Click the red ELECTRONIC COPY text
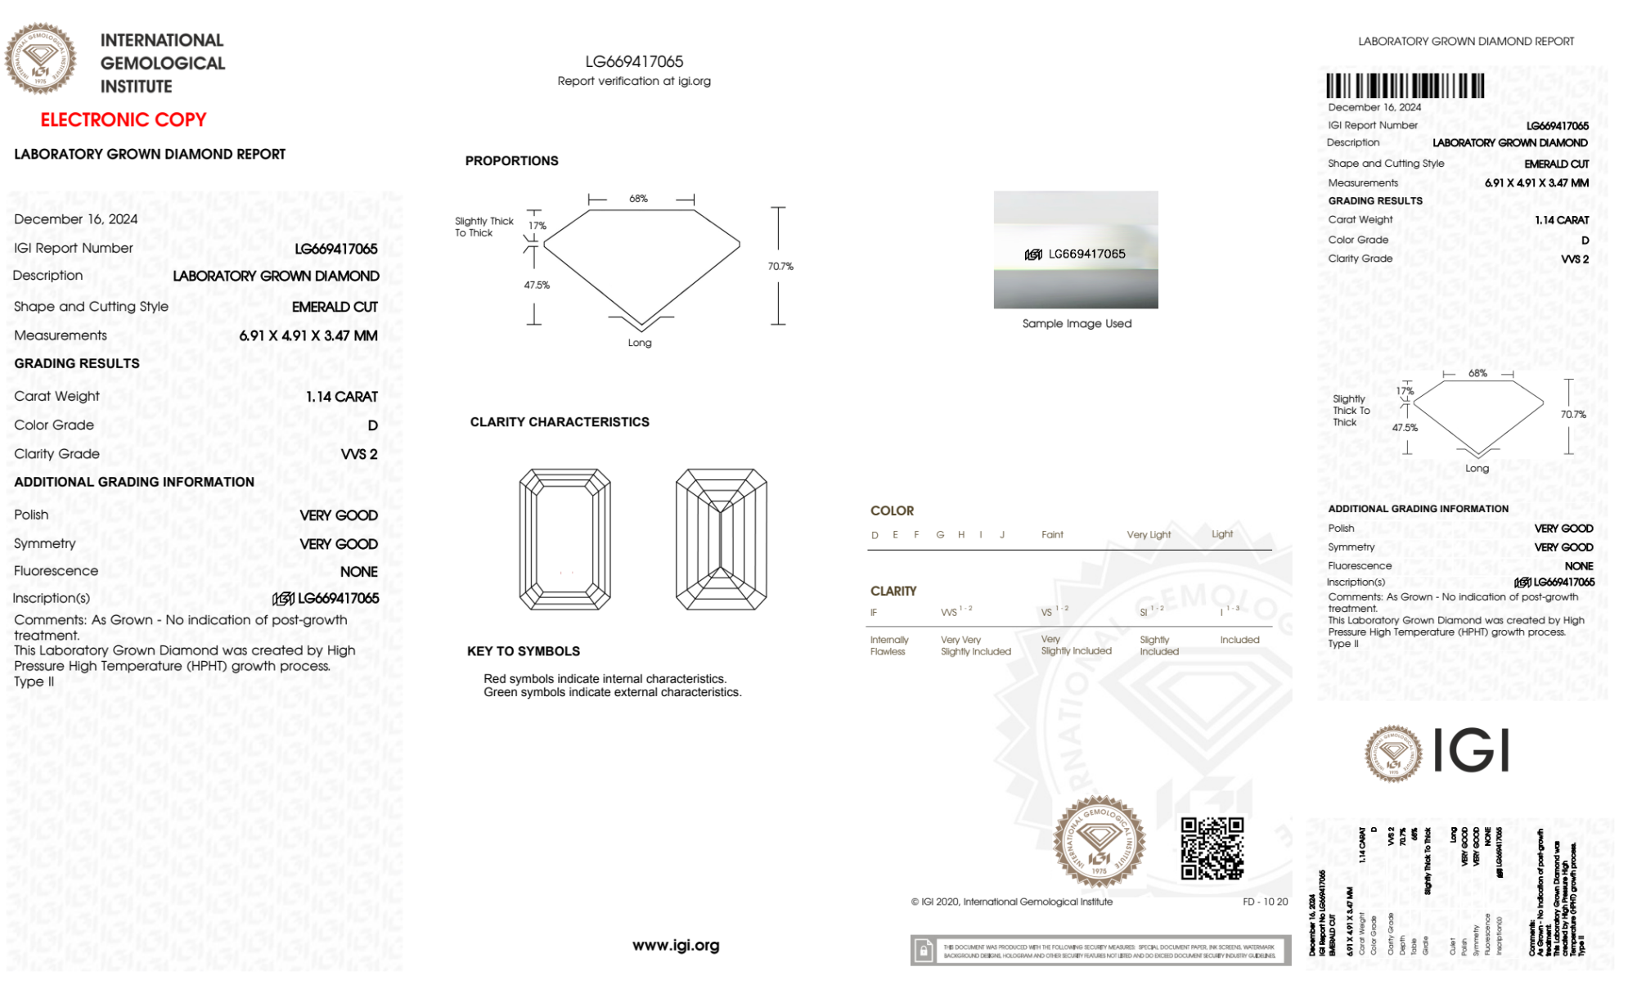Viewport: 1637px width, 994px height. click(124, 120)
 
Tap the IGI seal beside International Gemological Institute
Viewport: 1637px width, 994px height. click(40, 58)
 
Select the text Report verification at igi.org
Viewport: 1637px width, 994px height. click(634, 81)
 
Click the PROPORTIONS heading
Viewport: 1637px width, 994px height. click(511, 161)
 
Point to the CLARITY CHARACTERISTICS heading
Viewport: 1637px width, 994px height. click(560, 422)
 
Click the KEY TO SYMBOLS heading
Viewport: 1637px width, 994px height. click(524, 651)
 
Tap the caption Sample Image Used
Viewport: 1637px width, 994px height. click(1077, 324)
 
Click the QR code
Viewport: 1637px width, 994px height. click(1212, 848)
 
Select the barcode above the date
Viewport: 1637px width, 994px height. click(1405, 86)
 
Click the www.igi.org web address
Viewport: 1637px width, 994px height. click(676, 946)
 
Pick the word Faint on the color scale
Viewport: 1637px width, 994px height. click(1052, 535)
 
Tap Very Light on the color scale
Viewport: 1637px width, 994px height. click(1149, 535)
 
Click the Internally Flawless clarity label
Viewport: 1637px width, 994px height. click(889, 645)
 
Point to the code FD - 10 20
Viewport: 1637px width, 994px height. click(1265, 902)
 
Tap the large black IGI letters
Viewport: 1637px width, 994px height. click(1472, 751)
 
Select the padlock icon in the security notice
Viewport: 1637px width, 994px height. click(924, 951)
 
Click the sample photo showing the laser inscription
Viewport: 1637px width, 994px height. click(1076, 250)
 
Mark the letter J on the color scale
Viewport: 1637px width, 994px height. click(1002, 535)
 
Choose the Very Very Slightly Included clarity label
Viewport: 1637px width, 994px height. click(975, 645)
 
